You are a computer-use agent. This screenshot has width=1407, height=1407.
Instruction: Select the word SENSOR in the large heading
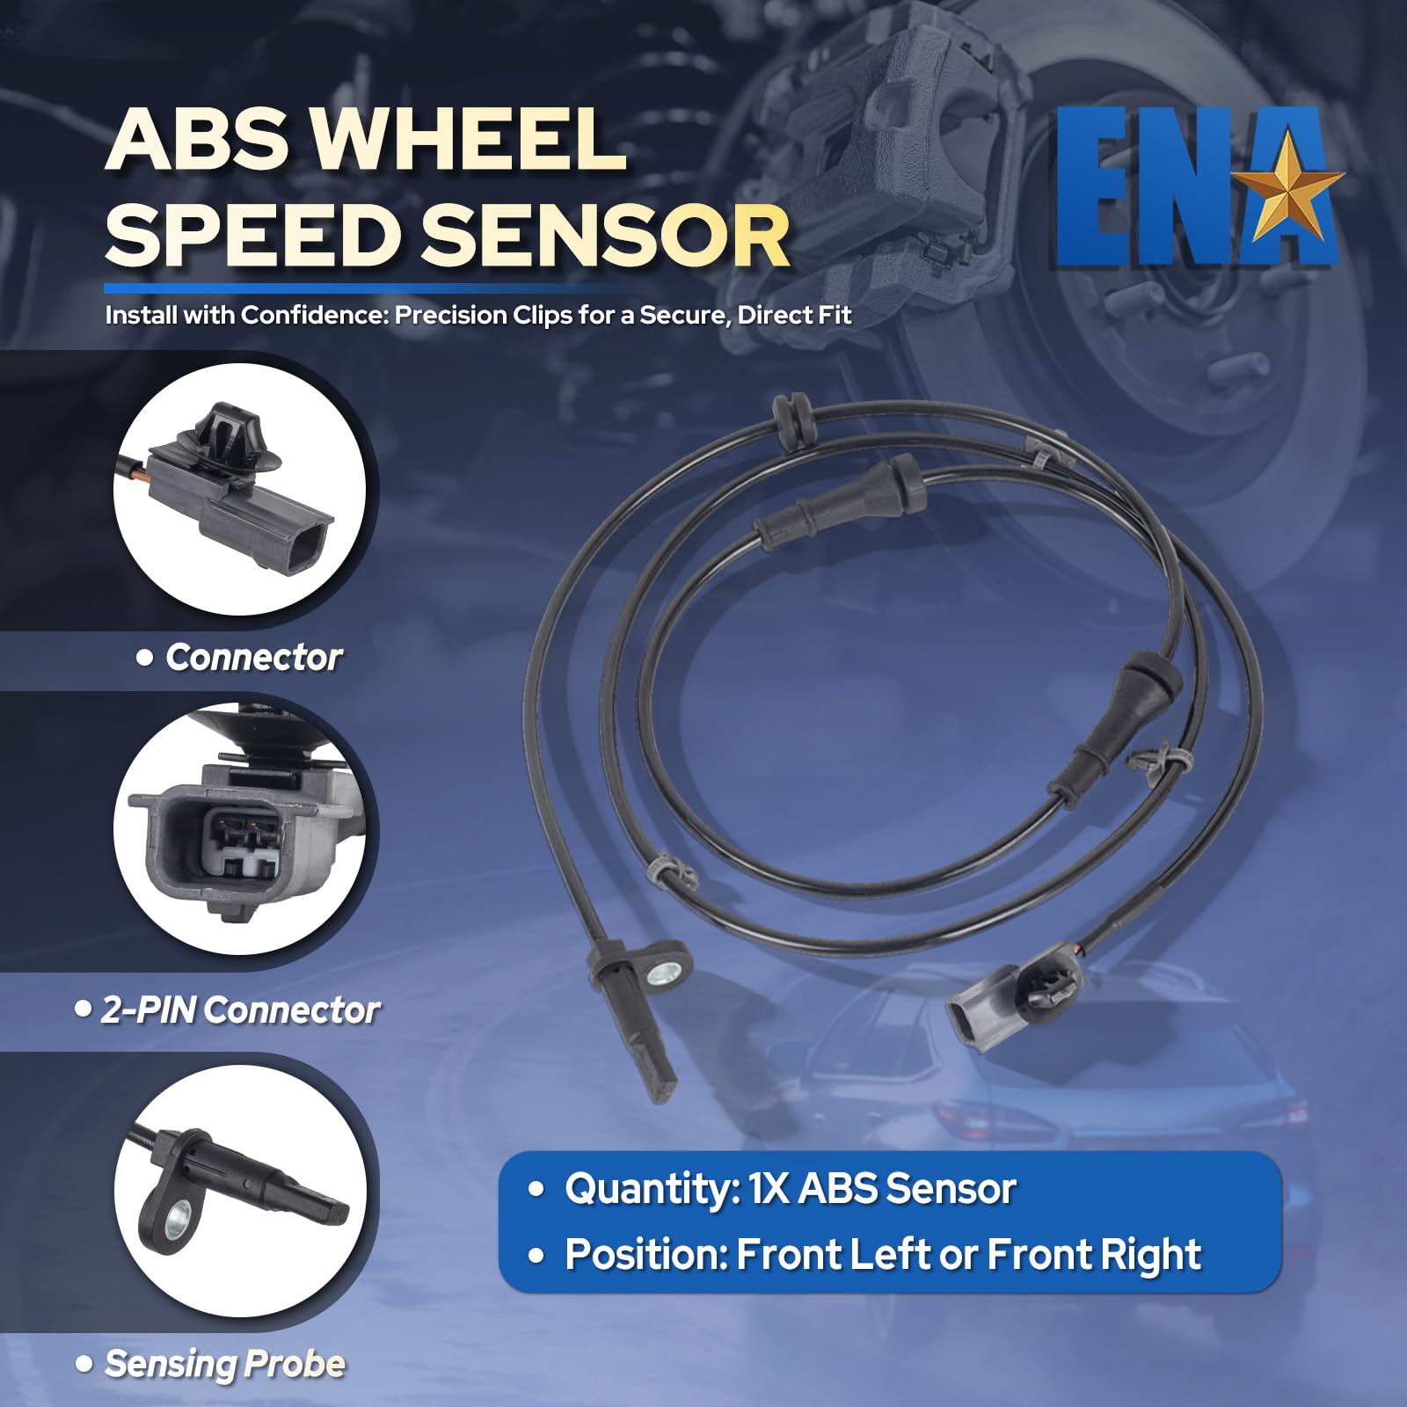tap(607, 235)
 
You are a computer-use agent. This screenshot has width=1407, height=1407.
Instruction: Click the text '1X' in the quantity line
tap(769, 1190)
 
